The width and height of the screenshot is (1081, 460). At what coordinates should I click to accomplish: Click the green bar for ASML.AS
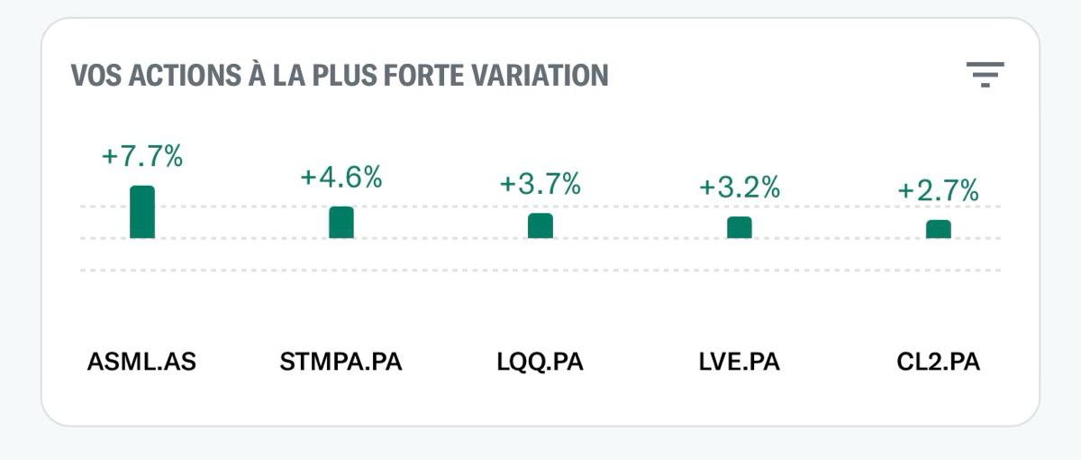click(x=142, y=213)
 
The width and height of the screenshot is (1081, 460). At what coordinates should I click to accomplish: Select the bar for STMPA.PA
click(x=341, y=223)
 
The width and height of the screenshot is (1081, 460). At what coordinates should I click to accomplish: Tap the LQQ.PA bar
click(x=540, y=226)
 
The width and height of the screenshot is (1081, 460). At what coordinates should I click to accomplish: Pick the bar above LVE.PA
click(x=740, y=228)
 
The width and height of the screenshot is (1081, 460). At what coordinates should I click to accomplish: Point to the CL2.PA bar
click(x=939, y=230)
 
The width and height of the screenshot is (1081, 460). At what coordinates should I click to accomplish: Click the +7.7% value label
click(x=142, y=156)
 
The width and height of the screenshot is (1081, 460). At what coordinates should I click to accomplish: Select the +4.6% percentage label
click(x=341, y=177)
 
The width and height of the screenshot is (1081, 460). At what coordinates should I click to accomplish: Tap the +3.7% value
click(x=540, y=184)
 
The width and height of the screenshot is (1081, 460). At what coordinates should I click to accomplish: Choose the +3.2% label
click(x=740, y=188)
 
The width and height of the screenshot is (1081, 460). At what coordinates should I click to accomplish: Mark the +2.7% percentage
click(x=939, y=191)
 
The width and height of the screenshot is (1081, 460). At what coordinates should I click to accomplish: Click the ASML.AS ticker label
click(x=142, y=363)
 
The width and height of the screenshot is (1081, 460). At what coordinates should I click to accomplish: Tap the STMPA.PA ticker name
click(x=341, y=363)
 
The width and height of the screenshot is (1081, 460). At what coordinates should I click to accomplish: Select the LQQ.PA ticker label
click(x=540, y=363)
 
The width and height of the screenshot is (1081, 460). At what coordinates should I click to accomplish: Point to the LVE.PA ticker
click(x=740, y=363)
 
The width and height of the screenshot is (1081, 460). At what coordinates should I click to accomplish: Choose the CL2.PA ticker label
click(x=939, y=363)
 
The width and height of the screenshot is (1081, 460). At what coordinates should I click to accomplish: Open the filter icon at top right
click(x=985, y=74)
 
